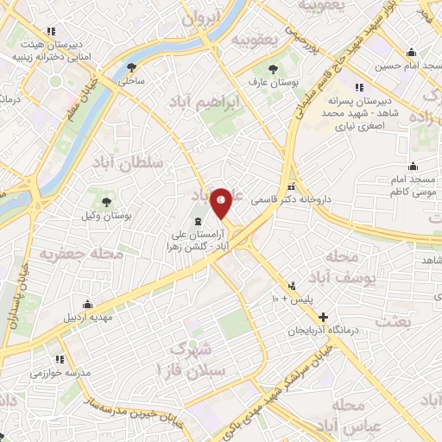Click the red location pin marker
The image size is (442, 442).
(221, 202)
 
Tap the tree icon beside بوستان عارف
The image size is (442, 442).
(274, 68)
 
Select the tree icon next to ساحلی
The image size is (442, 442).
(131, 67)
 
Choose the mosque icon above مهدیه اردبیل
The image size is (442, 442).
(87, 304)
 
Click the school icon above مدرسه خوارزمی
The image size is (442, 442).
(60, 359)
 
